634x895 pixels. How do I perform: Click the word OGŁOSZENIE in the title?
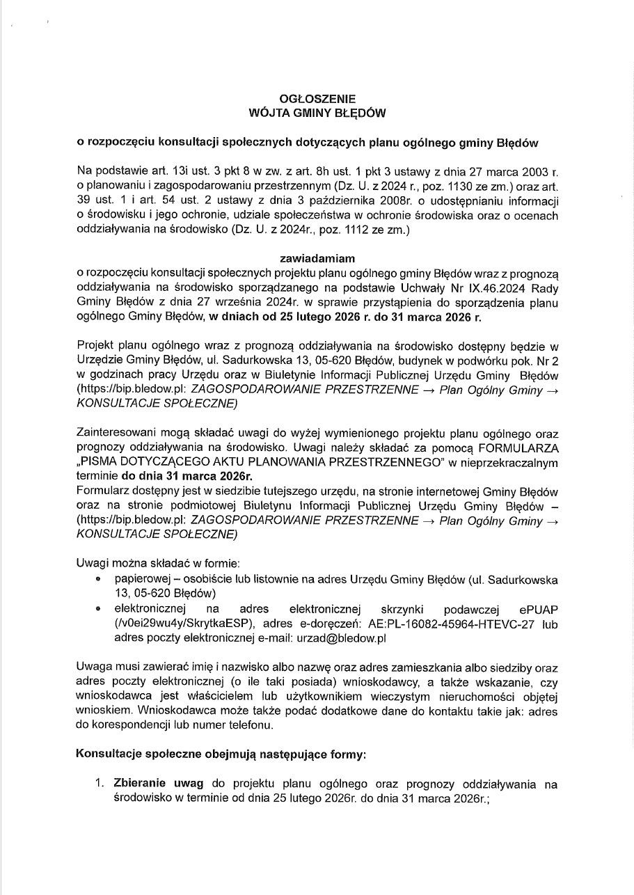pyautogui.click(x=317, y=99)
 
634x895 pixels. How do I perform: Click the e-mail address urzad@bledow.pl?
pyautogui.click(x=347, y=637)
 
